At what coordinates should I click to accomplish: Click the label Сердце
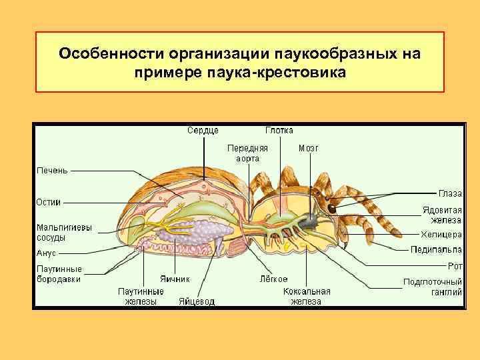pyautogui.click(x=202, y=131)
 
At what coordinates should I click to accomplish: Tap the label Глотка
pyautogui.click(x=279, y=131)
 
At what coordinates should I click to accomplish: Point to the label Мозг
pyautogui.click(x=309, y=148)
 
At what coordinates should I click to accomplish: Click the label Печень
pyautogui.click(x=51, y=171)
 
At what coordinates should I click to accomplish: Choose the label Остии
pyautogui.click(x=49, y=201)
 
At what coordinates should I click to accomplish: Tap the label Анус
pyautogui.click(x=46, y=253)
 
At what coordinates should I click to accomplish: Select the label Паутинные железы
pyautogui.click(x=140, y=296)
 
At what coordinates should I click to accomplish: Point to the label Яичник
pyautogui.click(x=175, y=279)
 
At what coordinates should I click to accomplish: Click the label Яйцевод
pyautogui.click(x=197, y=301)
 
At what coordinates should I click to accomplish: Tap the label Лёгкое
pyautogui.click(x=273, y=279)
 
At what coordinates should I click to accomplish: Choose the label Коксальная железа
pyautogui.click(x=307, y=296)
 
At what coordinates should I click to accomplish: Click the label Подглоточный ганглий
pyautogui.click(x=433, y=286)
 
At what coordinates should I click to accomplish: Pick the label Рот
pyautogui.click(x=455, y=265)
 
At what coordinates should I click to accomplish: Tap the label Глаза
pyautogui.click(x=450, y=193)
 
